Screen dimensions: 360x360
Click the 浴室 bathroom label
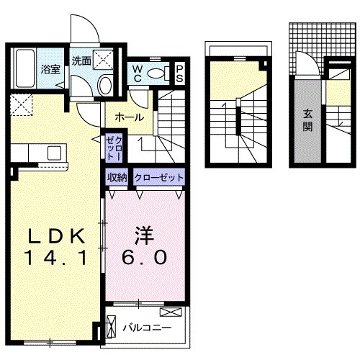click(50, 70)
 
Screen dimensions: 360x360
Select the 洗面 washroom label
click(81, 61)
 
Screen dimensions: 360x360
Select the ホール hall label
click(128, 117)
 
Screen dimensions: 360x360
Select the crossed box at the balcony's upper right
click(172, 311)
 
